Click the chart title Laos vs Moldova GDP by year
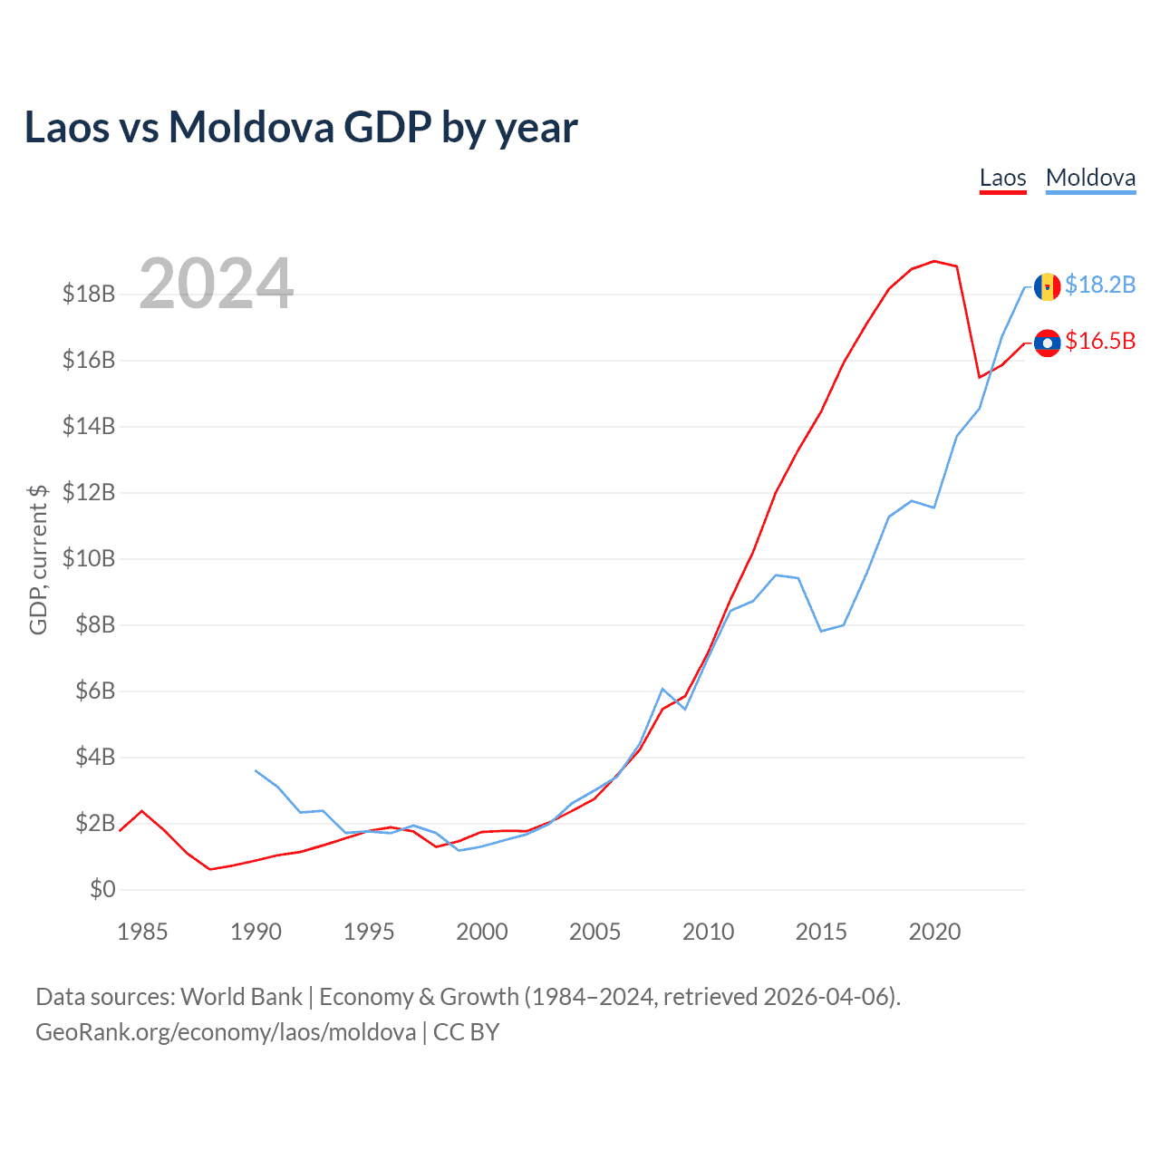pyautogui.click(x=301, y=128)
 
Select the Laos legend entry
pyautogui.click(x=1002, y=178)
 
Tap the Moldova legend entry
pyautogui.click(x=1090, y=178)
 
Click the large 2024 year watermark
pyautogui.click(x=217, y=284)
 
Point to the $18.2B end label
pyautogui.click(x=1100, y=285)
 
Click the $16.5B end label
pyautogui.click(x=1100, y=342)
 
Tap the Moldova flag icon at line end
pyautogui.click(x=1047, y=286)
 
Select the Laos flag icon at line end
pyautogui.click(x=1047, y=343)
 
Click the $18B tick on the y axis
pyautogui.click(x=89, y=295)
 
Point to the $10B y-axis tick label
pyautogui.click(x=89, y=558)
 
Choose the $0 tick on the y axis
pyautogui.click(x=102, y=889)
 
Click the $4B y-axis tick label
pyautogui.click(x=89, y=757)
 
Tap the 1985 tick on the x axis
pyautogui.click(x=142, y=932)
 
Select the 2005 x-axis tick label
pyautogui.click(x=594, y=932)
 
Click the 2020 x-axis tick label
pyautogui.click(x=934, y=932)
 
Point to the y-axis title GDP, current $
pyautogui.click(x=38, y=559)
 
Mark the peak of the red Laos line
pyautogui.click(x=934, y=261)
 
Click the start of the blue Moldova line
pyautogui.click(x=256, y=770)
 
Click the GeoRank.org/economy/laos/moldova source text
pyautogui.click(x=226, y=1032)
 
